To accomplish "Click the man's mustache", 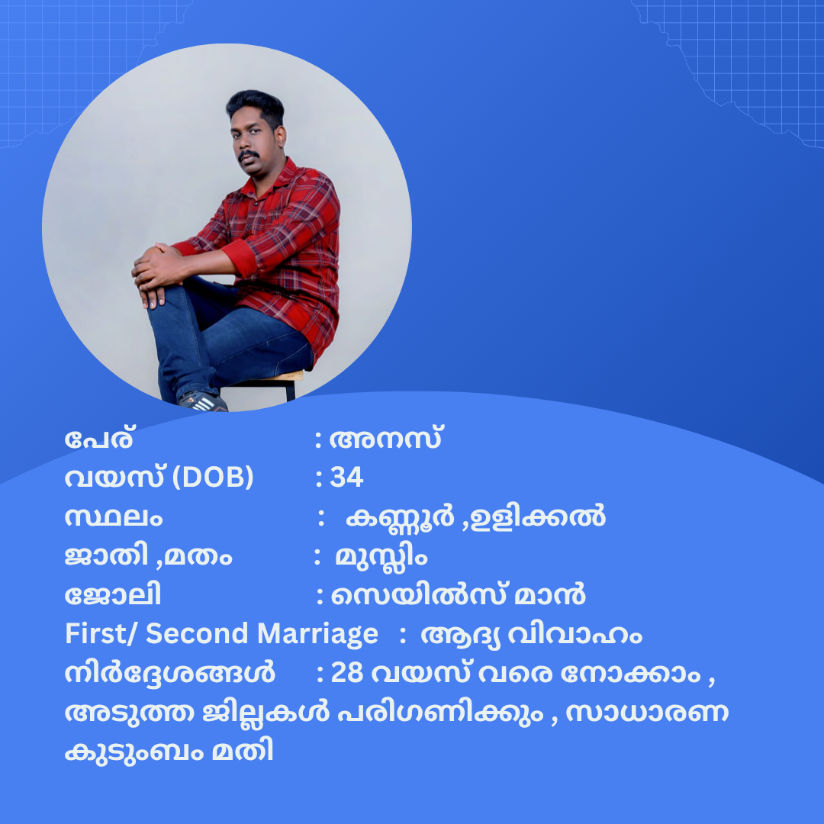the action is point(248,155).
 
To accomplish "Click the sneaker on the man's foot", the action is point(203,402).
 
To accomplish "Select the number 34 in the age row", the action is point(347,477).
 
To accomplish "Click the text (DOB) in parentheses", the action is point(213,477).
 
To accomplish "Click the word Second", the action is point(197,633).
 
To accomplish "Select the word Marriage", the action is point(317,635).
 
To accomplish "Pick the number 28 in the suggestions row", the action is point(347,673).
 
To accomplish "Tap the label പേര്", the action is point(99,438).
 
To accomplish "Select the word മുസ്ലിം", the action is point(381,557).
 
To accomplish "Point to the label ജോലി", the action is point(112,594).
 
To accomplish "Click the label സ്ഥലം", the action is point(114,517).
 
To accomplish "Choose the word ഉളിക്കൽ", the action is point(538,517).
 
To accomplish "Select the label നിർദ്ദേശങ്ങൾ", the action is point(169,673).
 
